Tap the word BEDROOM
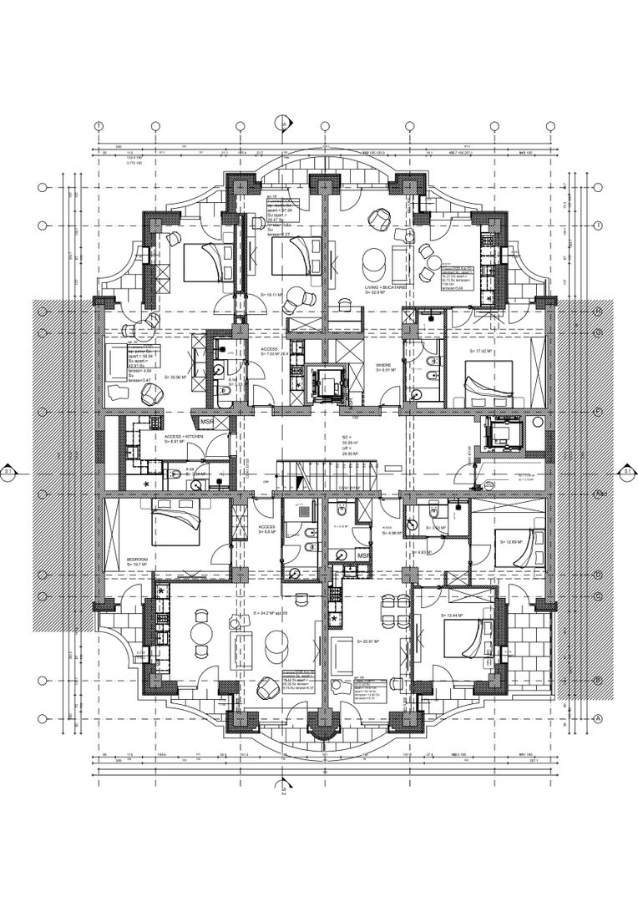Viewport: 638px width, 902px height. point(138,558)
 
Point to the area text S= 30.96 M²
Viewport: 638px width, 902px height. point(181,377)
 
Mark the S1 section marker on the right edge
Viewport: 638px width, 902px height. point(627,472)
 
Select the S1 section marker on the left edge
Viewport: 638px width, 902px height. point(9,472)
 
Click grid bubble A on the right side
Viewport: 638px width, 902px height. point(597,718)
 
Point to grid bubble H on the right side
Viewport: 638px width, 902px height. point(597,311)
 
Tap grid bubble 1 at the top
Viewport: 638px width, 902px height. point(99,126)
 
